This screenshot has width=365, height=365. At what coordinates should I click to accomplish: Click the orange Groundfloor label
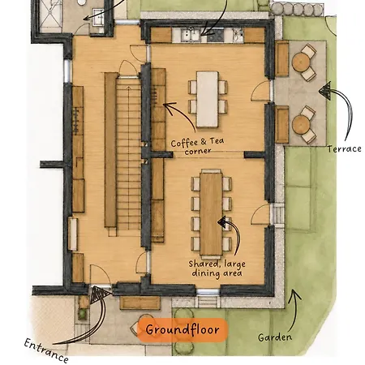tap(182, 330)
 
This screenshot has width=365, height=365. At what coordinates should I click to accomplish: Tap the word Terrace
tap(344, 148)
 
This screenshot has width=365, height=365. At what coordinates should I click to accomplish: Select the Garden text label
tap(275, 337)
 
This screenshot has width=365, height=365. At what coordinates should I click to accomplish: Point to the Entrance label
tap(46, 350)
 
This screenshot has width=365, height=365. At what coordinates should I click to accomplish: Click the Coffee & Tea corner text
tap(197, 146)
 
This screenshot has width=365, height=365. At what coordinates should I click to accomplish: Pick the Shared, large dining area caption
tap(217, 268)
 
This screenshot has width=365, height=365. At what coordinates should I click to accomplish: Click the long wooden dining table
tap(211, 213)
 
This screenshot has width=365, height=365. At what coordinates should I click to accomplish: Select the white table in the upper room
tap(208, 99)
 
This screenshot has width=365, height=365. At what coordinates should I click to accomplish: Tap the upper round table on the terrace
tap(300, 62)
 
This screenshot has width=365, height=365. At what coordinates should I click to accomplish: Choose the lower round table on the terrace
tap(301, 125)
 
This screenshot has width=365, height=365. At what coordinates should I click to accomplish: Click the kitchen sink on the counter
tap(191, 35)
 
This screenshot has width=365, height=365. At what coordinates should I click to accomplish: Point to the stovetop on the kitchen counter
tap(216, 35)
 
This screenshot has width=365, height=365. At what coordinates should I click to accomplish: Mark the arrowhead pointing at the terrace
tap(325, 91)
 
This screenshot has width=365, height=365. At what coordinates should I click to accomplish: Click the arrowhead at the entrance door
tap(99, 294)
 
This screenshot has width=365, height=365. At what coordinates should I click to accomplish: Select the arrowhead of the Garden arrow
tap(294, 295)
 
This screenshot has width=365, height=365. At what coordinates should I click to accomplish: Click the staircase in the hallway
tap(128, 152)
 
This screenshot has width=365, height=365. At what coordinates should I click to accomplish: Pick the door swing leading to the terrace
tap(261, 91)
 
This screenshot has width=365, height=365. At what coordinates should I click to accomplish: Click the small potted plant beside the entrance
tap(83, 313)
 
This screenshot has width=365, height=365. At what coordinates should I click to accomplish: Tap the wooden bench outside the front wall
tap(140, 303)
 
